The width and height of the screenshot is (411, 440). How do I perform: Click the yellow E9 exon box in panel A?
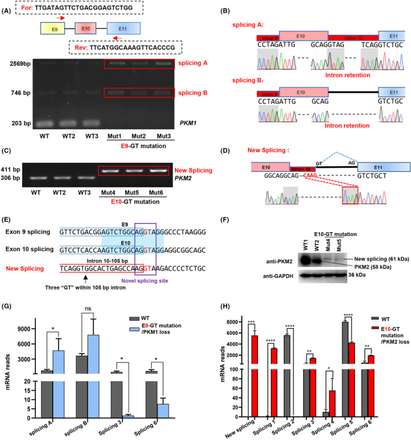coord(50,28)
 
